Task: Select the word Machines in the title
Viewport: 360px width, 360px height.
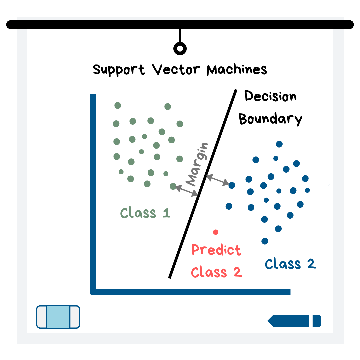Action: [237, 70]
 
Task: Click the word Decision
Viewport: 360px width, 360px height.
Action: [270, 96]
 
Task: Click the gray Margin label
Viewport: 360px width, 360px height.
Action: [197, 164]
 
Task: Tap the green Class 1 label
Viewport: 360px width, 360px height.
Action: [145, 213]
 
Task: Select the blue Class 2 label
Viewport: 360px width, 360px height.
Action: [290, 264]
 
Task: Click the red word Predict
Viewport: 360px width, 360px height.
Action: [216, 250]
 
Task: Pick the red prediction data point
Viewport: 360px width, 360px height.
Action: [216, 232]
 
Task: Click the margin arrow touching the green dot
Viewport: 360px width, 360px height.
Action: [187, 191]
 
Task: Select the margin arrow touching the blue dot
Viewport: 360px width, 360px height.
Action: [218, 180]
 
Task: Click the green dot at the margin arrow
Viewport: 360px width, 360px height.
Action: [173, 186]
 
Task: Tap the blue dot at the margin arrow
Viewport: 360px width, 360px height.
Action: [232, 185]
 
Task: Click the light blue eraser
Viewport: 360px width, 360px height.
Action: [58, 317]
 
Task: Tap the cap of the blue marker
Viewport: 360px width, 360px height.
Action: [317, 321]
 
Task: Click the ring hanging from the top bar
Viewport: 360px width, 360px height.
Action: [180, 49]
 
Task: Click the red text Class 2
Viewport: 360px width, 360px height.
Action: [216, 272]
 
